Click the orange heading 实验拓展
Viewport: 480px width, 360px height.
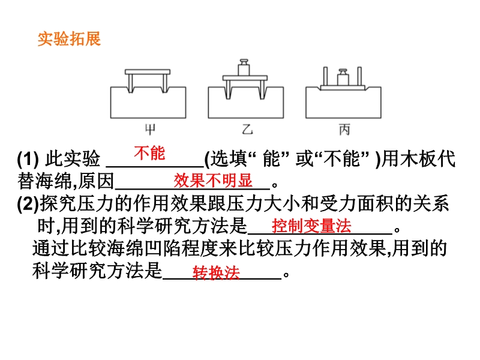[69, 39]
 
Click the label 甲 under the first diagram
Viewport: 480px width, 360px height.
[150, 130]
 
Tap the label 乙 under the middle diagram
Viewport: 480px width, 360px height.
[247, 130]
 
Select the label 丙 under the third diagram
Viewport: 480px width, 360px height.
[344, 130]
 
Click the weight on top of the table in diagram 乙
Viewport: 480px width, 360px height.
[244, 67]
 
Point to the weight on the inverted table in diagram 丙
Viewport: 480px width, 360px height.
[343, 77]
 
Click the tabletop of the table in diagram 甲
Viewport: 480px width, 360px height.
[148, 72]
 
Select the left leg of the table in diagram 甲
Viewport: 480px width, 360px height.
[131, 83]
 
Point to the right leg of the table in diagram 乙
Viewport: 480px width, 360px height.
[262, 89]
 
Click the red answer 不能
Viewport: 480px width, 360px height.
[149, 153]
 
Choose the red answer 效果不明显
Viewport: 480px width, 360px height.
[213, 181]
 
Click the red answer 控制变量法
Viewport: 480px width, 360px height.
[311, 226]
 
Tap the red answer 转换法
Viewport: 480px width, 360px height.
[216, 272]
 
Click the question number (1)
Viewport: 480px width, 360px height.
[28, 159]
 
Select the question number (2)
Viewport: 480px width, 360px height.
[28, 204]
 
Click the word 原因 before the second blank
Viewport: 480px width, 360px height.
[96, 181]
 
